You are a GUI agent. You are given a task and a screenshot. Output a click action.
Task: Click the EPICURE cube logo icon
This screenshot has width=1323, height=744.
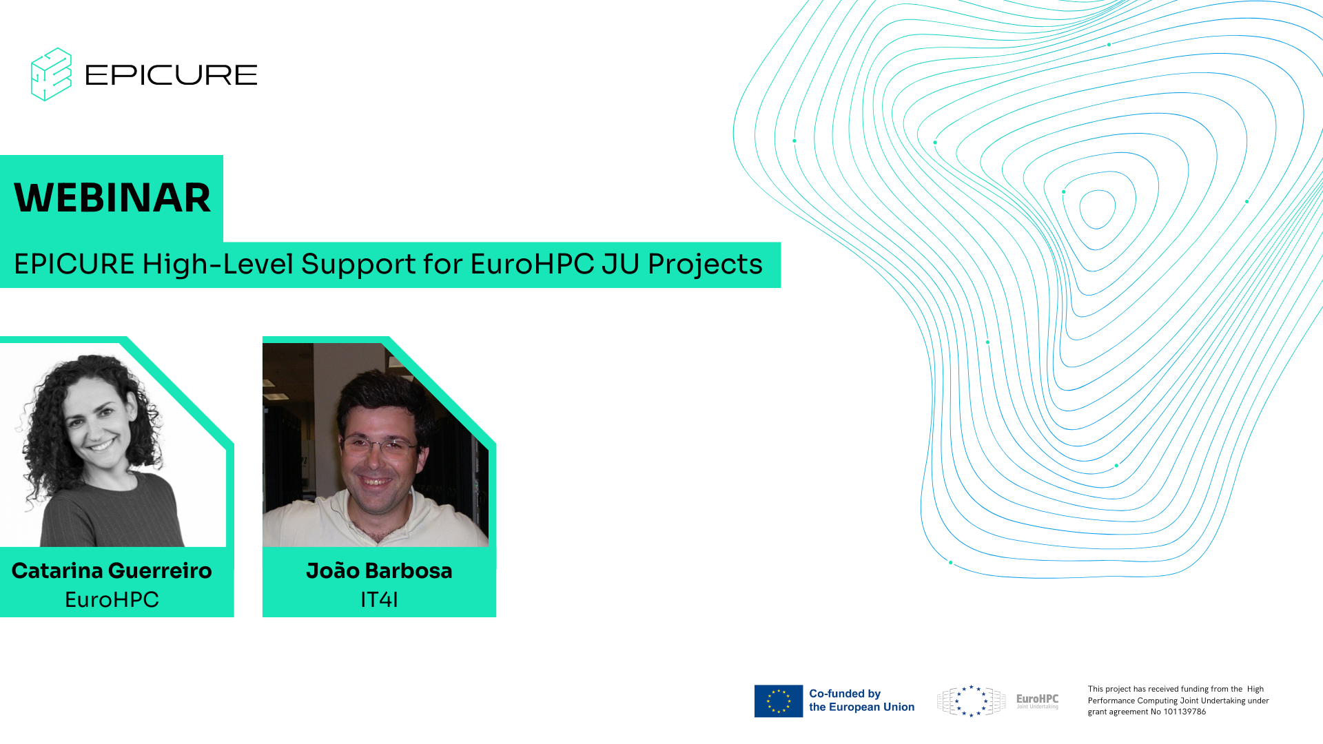pyautogui.click(x=51, y=74)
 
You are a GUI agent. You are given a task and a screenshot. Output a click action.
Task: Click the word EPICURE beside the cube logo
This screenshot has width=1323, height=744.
pyautogui.click(x=171, y=75)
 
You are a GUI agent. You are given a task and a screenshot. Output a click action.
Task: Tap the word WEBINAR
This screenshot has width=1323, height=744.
pyautogui.click(x=112, y=198)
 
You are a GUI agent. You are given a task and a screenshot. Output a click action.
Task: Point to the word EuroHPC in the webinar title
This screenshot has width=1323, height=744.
pyautogui.click(x=532, y=264)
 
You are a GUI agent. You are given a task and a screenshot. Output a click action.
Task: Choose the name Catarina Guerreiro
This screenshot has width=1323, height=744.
pyautogui.click(x=112, y=570)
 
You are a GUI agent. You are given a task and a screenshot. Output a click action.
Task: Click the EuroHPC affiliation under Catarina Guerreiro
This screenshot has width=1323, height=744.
pyautogui.click(x=112, y=599)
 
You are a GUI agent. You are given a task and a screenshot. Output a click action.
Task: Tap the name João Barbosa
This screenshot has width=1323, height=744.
pyautogui.click(x=379, y=570)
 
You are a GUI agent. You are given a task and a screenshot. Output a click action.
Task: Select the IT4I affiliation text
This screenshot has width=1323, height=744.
pyautogui.click(x=379, y=599)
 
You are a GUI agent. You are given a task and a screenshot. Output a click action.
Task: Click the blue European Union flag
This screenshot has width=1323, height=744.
pyautogui.click(x=779, y=701)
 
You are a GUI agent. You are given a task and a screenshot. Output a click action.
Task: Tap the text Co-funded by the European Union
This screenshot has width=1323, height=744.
pyautogui.click(x=861, y=701)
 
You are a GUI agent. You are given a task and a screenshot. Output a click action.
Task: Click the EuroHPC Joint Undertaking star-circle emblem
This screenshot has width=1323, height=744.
pyautogui.click(x=972, y=701)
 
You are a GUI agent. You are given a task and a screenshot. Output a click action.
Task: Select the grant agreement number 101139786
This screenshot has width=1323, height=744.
pyautogui.click(x=1184, y=712)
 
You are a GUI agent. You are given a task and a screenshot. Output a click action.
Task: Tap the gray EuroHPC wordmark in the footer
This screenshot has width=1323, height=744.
pyautogui.click(x=1037, y=699)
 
